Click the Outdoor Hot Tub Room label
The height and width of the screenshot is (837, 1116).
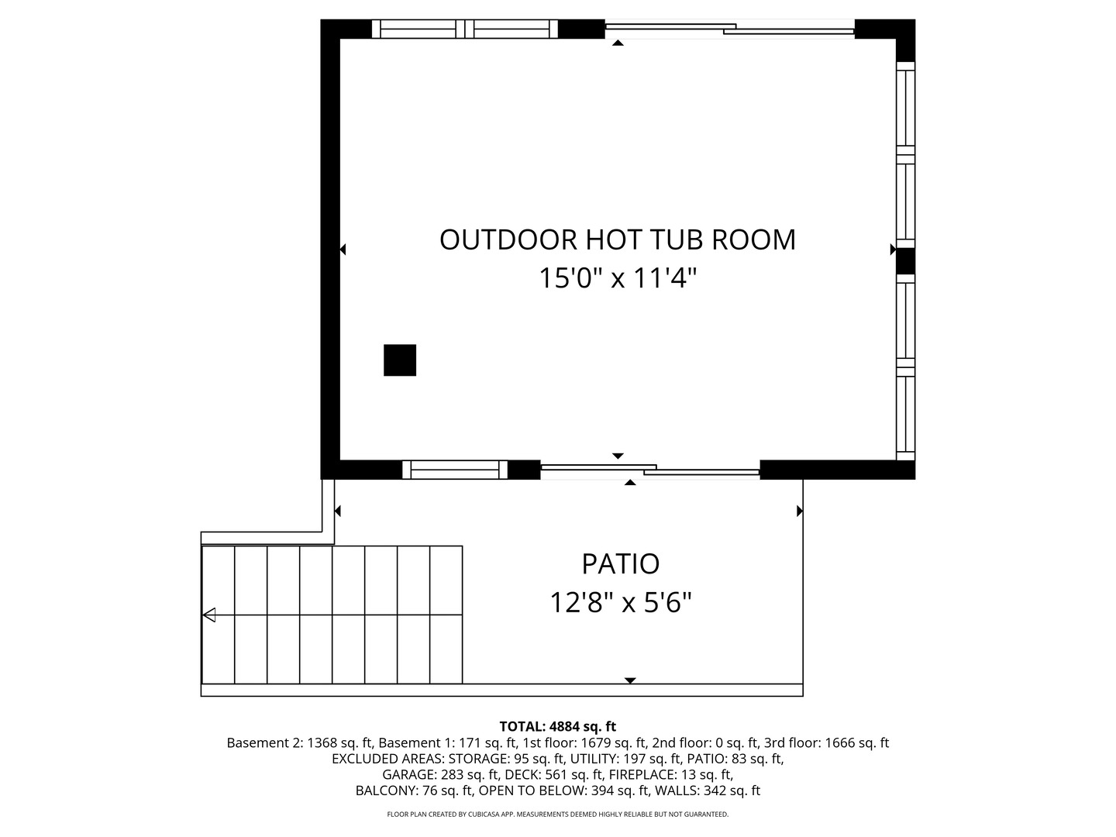[618, 239]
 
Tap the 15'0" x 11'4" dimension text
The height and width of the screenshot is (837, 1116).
[618, 277]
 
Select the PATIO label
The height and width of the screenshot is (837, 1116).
[620, 563]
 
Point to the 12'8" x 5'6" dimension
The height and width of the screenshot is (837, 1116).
[620, 601]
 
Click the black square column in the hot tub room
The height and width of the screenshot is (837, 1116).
[400, 360]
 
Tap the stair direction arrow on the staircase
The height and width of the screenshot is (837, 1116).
[209, 615]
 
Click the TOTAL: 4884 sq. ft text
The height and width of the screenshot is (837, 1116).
[557, 726]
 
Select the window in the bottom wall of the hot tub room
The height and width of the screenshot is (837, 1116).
[455, 470]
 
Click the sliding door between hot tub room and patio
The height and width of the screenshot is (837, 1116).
[649, 470]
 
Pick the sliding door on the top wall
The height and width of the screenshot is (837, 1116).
[728, 29]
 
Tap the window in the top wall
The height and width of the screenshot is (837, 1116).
[464, 29]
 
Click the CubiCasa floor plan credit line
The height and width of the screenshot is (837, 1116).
[557, 815]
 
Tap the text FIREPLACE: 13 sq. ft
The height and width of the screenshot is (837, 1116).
[670, 774]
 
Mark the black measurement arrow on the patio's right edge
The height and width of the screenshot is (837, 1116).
[799, 511]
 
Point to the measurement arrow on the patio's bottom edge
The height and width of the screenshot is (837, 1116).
[630, 680]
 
